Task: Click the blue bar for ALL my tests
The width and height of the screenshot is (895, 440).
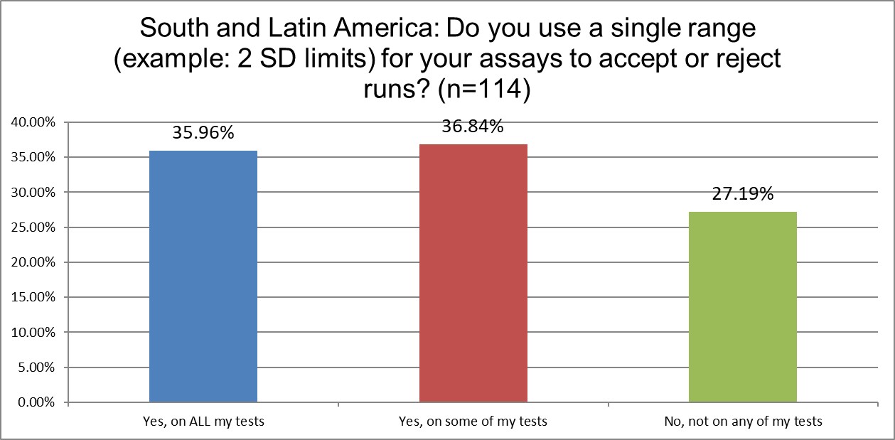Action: click(x=203, y=277)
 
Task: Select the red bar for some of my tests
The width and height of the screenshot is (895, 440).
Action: click(x=473, y=274)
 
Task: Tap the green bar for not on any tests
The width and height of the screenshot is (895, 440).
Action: click(x=743, y=307)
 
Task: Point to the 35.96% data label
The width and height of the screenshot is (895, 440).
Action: click(x=203, y=133)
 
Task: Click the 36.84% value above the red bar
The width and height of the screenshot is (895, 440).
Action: click(x=473, y=127)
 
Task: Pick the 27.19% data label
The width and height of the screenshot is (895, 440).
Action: click(x=743, y=193)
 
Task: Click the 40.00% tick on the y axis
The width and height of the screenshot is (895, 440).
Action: click(x=33, y=122)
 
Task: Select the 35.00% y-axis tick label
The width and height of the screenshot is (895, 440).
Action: click(x=33, y=157)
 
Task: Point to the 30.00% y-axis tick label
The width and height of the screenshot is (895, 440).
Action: click(x=33, y=193)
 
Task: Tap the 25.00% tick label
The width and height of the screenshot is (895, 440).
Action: click(x=33, y=227)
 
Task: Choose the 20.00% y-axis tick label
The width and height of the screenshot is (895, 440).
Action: click(x=33, y=262)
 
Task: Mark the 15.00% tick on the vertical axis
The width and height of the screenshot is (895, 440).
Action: click(x=33, y=298)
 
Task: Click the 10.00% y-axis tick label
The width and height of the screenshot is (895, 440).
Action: click(x=33, y=333)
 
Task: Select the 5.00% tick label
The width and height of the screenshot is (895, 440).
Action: click(x=36, y=367)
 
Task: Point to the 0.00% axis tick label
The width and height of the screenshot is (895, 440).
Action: click(x=36, y=403)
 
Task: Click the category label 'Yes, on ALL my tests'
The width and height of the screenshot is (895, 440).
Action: click(x=203, y=422)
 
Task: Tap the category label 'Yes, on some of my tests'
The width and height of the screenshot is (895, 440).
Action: click(x=473, y=422)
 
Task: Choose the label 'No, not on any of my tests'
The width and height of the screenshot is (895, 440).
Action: click(x=743, y=422)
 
